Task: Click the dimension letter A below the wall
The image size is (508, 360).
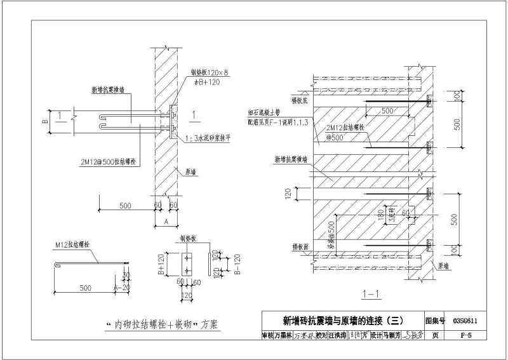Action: (x=166, y=222)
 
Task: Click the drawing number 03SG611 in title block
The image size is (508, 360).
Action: (x=465, y=321)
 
